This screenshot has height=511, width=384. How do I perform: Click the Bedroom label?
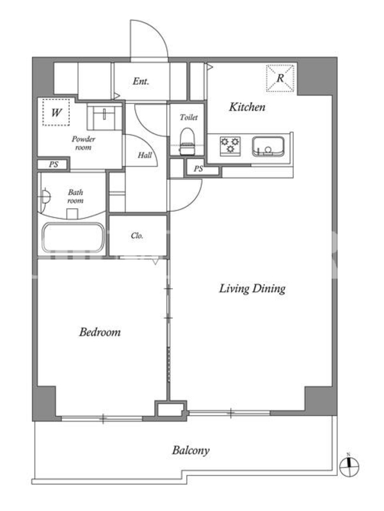100,332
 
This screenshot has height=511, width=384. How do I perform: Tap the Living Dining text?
252,289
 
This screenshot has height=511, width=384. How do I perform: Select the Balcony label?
191,451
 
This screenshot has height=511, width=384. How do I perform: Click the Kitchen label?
247,107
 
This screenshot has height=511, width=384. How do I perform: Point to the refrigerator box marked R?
280,78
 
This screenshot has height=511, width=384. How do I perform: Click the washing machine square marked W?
56,112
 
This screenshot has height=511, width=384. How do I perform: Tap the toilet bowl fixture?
187,141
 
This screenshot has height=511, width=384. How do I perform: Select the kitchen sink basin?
268,147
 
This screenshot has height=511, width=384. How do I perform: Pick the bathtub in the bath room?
73,237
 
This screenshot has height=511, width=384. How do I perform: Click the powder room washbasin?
104,117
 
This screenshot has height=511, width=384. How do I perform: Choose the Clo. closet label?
137,236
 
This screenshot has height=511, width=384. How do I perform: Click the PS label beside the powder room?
54,164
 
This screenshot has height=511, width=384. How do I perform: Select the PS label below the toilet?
198,169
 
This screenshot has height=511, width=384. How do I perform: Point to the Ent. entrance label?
141,81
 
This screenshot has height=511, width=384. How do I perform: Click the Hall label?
145,155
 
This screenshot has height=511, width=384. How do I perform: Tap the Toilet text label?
188,117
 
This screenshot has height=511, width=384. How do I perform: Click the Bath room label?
76,196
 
